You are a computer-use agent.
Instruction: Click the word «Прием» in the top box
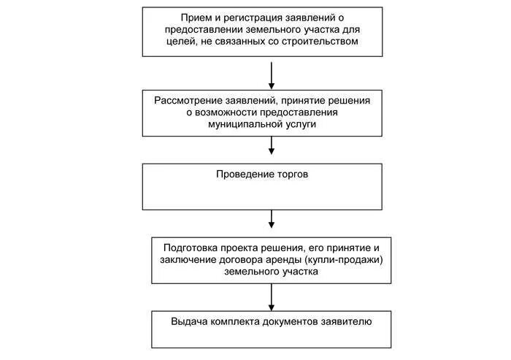196,18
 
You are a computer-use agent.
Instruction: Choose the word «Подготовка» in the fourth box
193,247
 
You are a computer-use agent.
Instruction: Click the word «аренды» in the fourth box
291,259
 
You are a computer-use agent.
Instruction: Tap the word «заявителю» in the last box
345,321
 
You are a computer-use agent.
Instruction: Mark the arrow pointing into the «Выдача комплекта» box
272,296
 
